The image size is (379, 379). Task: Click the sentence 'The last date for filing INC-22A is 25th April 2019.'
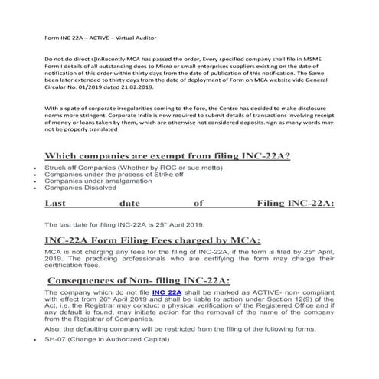(x=125, y=224)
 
